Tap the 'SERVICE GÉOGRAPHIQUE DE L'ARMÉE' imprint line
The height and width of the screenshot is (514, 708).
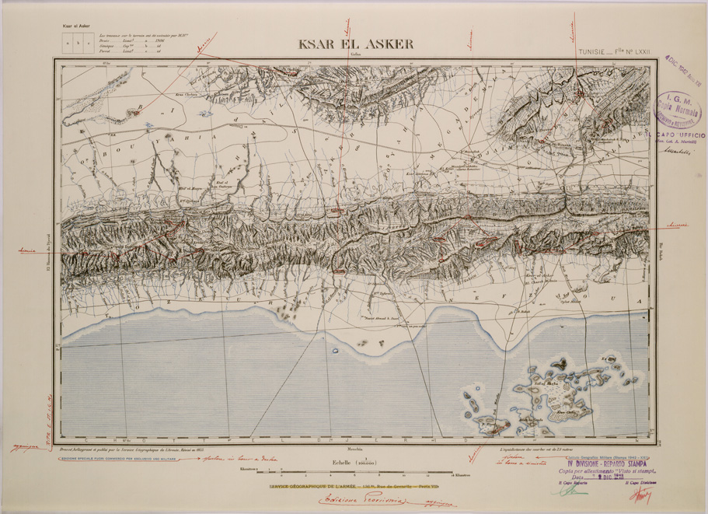tap(352, 487)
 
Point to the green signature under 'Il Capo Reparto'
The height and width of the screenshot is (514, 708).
tap(571, 491)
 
